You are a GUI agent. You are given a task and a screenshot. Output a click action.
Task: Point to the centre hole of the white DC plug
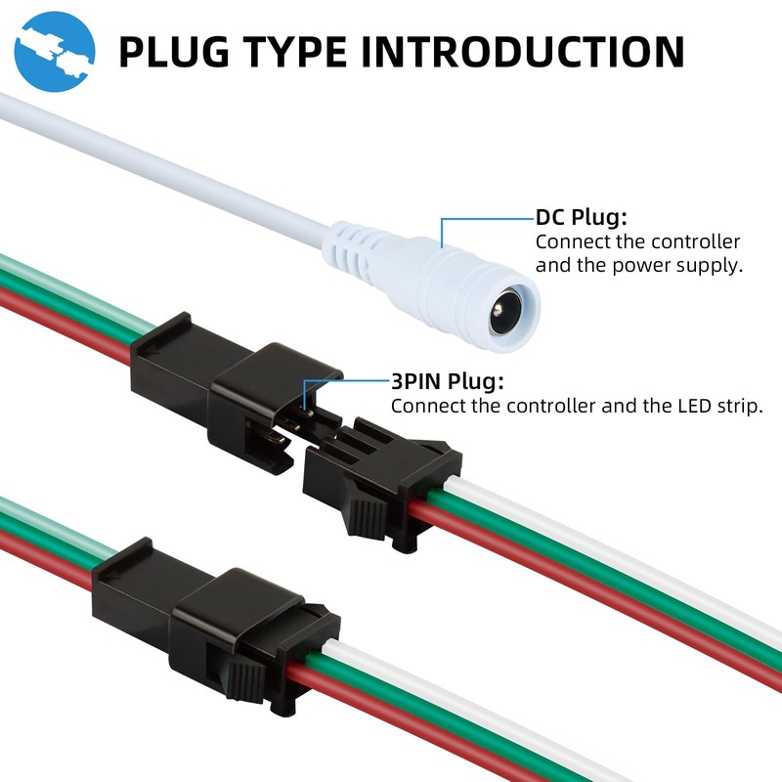[505, 311]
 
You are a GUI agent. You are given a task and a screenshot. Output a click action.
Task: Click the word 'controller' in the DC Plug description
[695, 241]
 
